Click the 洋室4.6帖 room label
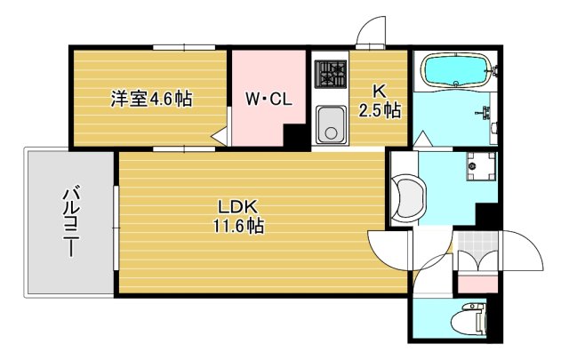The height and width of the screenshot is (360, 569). click(151, 99)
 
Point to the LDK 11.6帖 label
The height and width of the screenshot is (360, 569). click(237, 215)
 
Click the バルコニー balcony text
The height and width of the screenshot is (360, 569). click(68, 222)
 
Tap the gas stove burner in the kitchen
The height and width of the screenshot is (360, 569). click(332, 72)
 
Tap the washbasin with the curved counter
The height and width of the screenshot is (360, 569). click(407, 197)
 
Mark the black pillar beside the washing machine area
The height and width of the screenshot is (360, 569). click(488, 213)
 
